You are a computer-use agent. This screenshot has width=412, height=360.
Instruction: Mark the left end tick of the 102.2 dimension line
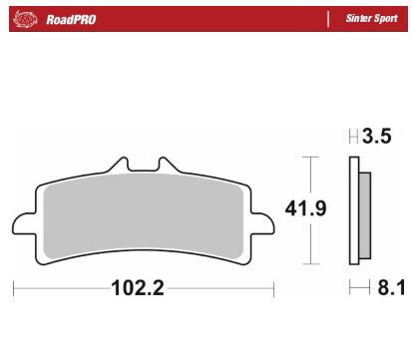(13, 290)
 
